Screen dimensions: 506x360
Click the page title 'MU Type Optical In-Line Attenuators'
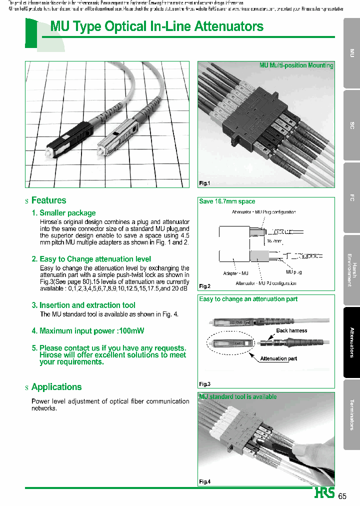pyautogui.click(x=157, y=26)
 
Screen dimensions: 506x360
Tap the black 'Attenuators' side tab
pyautogui.click(x=351, y=342)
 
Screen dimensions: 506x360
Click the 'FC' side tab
pyautogui.click(x=351, y=198)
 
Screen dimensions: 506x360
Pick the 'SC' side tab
pyautogui.click(x=351, y=125)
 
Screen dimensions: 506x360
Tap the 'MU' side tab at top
pyautogui.click(x=351, y=53)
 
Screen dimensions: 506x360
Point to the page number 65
pyautogui.click(x=342, y=496)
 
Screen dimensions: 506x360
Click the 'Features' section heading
pyautogui.click(x=48, y=200)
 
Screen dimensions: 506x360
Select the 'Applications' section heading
pyautogui.click(x=56, y=387)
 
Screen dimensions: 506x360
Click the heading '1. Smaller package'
pyautogui.click(x=63, y=213)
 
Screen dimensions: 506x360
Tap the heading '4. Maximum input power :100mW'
pyautogui.click(x=88, y=331)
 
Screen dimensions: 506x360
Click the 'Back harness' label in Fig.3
pyautogui.click(x=291, y=330)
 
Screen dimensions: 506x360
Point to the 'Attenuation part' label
pyautogui.click(x=278, y=358)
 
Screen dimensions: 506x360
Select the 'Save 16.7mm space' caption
pyautogui.click(x=227, y=201)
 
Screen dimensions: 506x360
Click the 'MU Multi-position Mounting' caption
pyautogui.click(x=296, y=65)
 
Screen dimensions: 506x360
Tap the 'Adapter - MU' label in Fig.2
pyautogui.click(x=235, y=273)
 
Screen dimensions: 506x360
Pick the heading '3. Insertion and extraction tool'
pyautogui.click(x=83, y=305)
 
